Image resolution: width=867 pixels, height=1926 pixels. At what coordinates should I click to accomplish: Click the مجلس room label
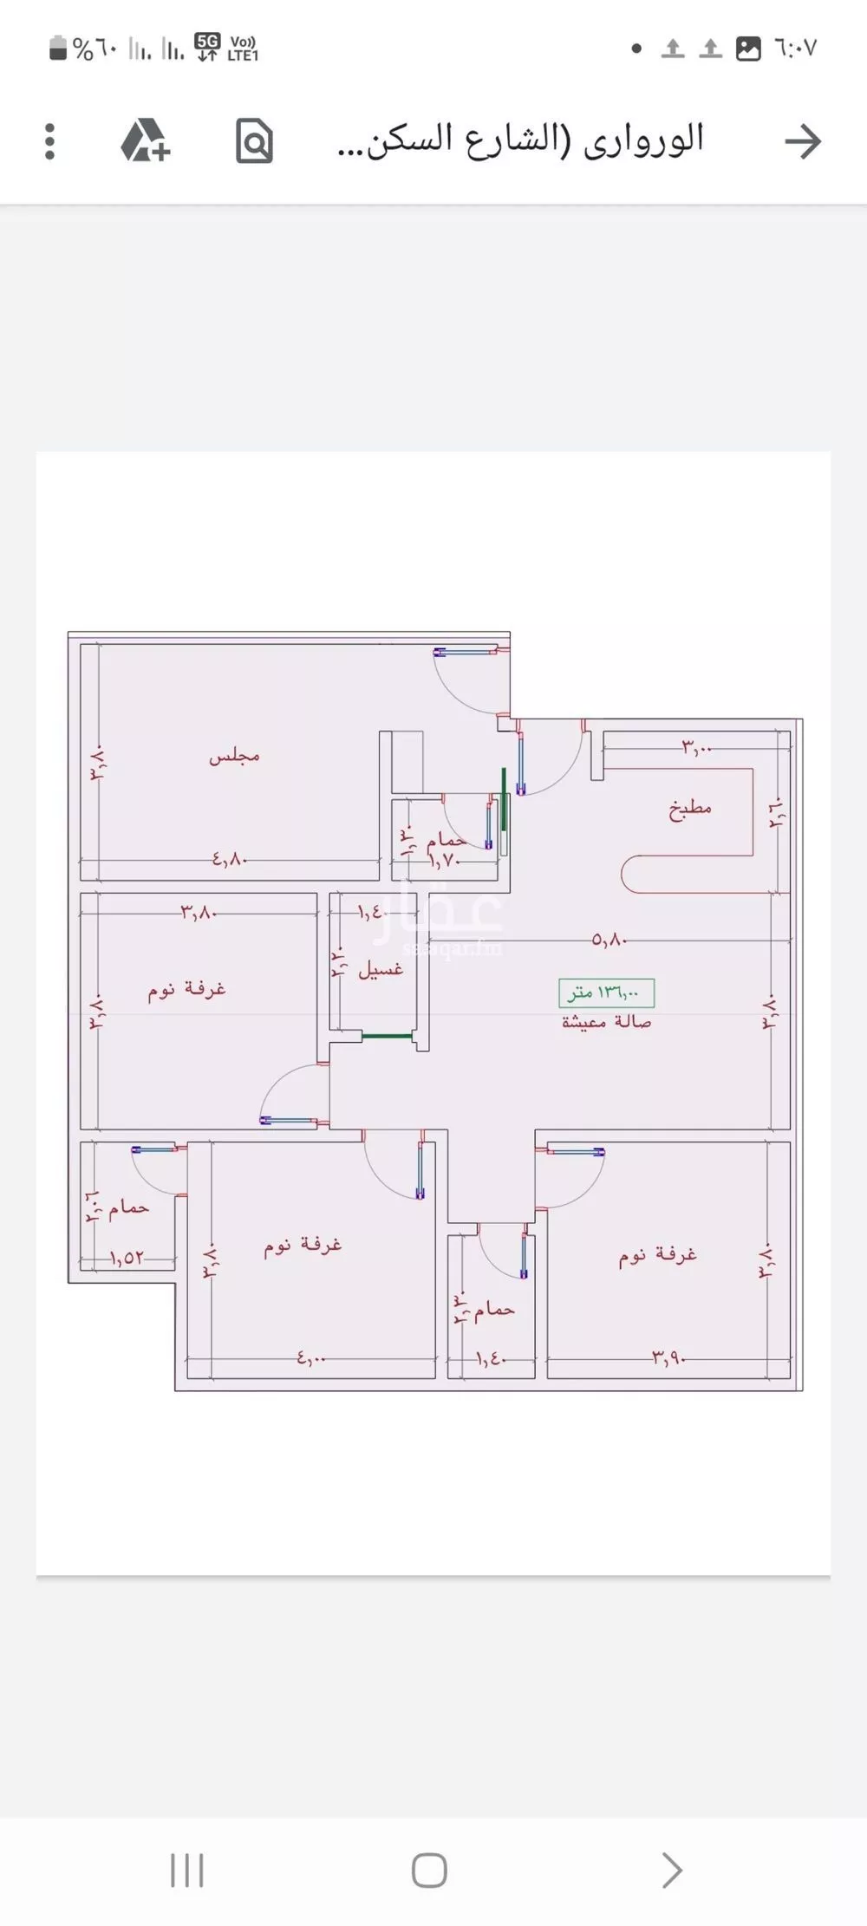click(234, 757)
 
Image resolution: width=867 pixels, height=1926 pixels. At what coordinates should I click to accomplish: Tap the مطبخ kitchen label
click(690, 809)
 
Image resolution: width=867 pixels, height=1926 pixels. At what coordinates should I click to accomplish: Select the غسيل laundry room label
click(381, 970)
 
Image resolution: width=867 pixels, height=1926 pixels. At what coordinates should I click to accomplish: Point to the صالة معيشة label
click(606, 1022)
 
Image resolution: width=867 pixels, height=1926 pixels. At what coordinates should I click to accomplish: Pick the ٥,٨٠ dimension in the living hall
click(610, 940)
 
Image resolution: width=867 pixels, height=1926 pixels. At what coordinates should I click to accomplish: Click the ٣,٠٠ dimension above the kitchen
click(696, 746)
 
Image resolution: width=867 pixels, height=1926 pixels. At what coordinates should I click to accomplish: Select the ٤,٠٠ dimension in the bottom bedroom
click(311, 1358)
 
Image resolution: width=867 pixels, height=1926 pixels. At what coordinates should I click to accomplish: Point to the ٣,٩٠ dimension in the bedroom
click(669, 1358)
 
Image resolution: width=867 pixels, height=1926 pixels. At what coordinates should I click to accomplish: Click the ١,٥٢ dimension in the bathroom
click(126, 1257)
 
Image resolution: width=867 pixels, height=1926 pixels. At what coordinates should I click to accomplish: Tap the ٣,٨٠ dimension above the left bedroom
click(198, 912)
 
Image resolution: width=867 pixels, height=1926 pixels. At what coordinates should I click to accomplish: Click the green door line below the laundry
click(387, 1036)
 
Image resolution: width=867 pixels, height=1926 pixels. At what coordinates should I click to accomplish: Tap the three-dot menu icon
click(49, 141)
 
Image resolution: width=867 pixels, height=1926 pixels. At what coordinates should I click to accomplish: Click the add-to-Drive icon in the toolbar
click(145, 141)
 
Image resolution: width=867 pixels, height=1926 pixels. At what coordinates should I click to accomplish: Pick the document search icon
click(254, 141)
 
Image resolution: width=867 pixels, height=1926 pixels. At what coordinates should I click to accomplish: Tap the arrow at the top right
click(803, 141)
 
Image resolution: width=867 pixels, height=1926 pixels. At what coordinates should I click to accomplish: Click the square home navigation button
click(429, 1871)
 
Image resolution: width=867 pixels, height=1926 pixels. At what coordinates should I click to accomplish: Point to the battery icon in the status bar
click(58, 49)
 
